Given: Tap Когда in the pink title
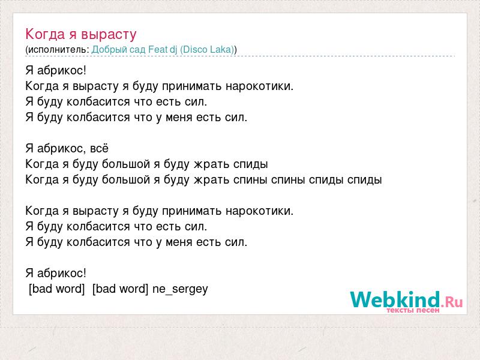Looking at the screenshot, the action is tap(46, 34).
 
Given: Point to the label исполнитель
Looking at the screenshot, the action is tap(58, 50).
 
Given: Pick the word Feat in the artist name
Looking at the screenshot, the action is tap(158, 49).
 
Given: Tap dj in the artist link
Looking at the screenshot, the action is tap(173, 50).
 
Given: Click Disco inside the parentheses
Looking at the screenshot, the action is tap(193, 50).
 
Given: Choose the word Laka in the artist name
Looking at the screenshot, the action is tap(221, 49).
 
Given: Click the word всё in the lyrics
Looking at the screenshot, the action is tap(99, 149).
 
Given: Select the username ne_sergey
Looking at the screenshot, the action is tap(180, 289).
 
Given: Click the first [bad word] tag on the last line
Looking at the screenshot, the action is tap(56, 289).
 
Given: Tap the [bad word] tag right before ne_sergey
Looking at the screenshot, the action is tap(121, 289).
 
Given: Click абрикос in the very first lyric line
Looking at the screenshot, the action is tap(62, 71).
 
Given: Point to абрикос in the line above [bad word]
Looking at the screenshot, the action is tap(62, 274).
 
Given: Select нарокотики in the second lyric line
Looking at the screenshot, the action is tap(260, 86).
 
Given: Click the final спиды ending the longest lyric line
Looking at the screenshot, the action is tap(364, 180).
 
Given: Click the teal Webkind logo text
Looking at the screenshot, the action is tap(395, 299).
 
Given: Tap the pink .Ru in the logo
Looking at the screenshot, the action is tap(452, 302).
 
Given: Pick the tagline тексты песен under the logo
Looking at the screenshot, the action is tap(413, 310).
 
